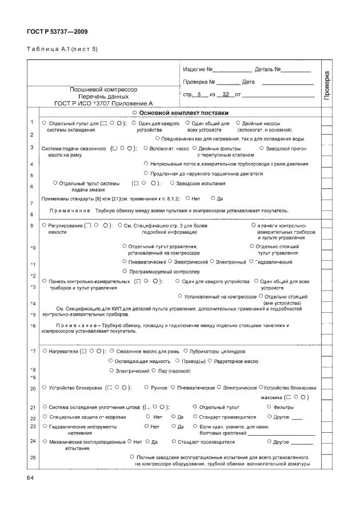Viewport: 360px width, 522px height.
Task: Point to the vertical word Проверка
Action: coord(327,86)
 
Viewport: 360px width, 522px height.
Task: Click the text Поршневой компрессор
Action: coord(103,90)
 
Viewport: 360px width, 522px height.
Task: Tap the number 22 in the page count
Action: coord(226,94)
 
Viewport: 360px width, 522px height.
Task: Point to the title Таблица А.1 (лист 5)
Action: coord(62,49)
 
